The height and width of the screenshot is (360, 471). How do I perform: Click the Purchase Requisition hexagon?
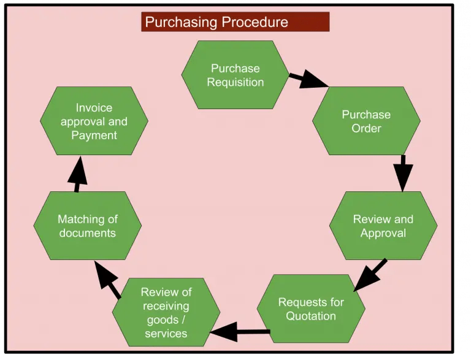(235, 75)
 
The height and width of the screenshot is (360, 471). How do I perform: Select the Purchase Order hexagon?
(366, 121)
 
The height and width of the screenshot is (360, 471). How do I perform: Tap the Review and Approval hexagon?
(383, 226)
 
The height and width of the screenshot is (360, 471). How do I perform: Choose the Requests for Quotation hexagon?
(311, 308)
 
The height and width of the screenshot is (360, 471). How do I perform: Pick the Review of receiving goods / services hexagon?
(166, 312)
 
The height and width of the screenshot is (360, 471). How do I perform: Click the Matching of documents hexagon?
(88, 225)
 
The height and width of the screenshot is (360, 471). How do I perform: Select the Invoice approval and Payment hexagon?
(94, 121)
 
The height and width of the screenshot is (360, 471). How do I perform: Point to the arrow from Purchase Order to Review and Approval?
(403, 173)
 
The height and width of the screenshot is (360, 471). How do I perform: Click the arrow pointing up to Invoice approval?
(77, 175)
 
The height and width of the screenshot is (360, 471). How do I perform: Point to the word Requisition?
(235, 82)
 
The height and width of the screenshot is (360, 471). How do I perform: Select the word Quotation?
(311, 316)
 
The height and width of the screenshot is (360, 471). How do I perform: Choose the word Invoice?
(94, 107)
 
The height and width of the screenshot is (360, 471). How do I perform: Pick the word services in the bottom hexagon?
(166, 333)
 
